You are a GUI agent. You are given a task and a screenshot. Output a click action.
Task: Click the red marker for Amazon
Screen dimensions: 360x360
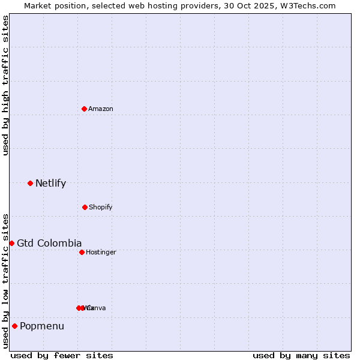coord(84,109)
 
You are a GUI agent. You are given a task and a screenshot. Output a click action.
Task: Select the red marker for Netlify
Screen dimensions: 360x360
coord(30,183)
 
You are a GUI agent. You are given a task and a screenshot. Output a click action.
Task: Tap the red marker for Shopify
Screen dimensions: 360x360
coord(85,207)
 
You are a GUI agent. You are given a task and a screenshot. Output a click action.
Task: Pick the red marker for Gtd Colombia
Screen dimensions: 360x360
coord(11,243)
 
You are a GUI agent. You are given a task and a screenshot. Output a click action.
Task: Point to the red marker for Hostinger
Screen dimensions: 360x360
coord(82,252)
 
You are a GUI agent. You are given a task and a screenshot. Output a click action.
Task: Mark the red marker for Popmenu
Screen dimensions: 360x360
coord(14,326)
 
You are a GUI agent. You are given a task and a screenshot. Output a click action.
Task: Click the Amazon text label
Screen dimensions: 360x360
coord(101,109)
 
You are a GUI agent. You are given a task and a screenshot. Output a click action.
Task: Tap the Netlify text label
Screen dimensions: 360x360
coord(50,184)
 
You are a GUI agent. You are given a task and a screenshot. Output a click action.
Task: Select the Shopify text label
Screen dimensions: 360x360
coord(101,207)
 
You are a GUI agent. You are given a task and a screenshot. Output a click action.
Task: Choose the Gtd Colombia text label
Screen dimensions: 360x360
coord(49,243)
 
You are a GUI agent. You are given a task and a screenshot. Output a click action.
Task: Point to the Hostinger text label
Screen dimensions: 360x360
coord(101,252)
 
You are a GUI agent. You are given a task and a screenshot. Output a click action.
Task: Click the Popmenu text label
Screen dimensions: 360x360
coord(42,326)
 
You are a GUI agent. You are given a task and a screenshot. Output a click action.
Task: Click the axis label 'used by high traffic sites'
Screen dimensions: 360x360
coord(5,85)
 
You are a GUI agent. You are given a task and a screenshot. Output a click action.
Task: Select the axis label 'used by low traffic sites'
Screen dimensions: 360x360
coord(5,281)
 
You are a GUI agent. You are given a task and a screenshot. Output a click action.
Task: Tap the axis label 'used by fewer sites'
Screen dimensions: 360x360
coord(62,355)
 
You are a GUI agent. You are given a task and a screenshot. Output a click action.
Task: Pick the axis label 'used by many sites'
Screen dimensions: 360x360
coord(301,355)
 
